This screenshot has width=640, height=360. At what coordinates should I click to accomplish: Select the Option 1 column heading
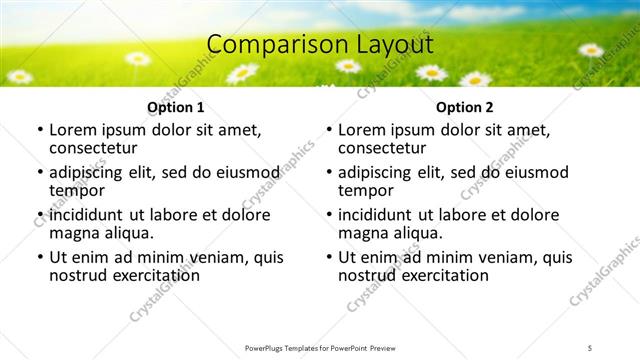pyautogui.click(x=176, y=107)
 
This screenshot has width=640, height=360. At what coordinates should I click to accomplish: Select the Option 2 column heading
pyautogui.click(x=465, y=107)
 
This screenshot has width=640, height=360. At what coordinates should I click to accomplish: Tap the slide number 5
pyautogui.click(x=591, y=347)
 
